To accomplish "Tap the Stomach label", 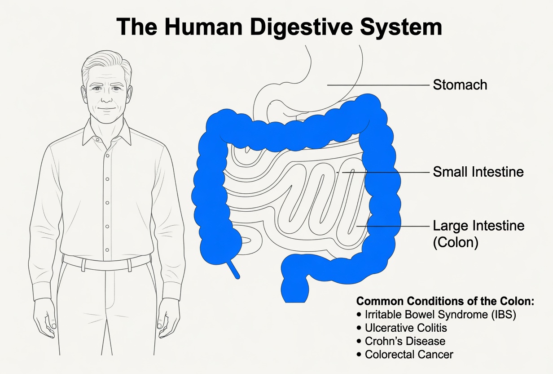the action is coord(460,85).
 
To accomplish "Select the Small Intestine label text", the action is coord(478,172).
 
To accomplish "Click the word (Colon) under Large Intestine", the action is coord(456,242).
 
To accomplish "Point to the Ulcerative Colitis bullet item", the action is coord(402,328).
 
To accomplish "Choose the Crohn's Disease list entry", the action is coord(401,341).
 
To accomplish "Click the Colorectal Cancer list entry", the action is coord(405,355).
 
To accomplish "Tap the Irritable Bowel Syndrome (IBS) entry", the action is coord(436,315).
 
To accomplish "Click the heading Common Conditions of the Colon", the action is coord(445,301).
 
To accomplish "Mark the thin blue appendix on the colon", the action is coord(233,269).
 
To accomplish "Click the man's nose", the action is coord(107,97).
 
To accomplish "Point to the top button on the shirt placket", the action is coord(108,156).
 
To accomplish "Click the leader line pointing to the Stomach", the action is coord(378,85).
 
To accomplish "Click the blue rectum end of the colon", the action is coord(295,291).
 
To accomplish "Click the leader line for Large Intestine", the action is coord(393,226).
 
